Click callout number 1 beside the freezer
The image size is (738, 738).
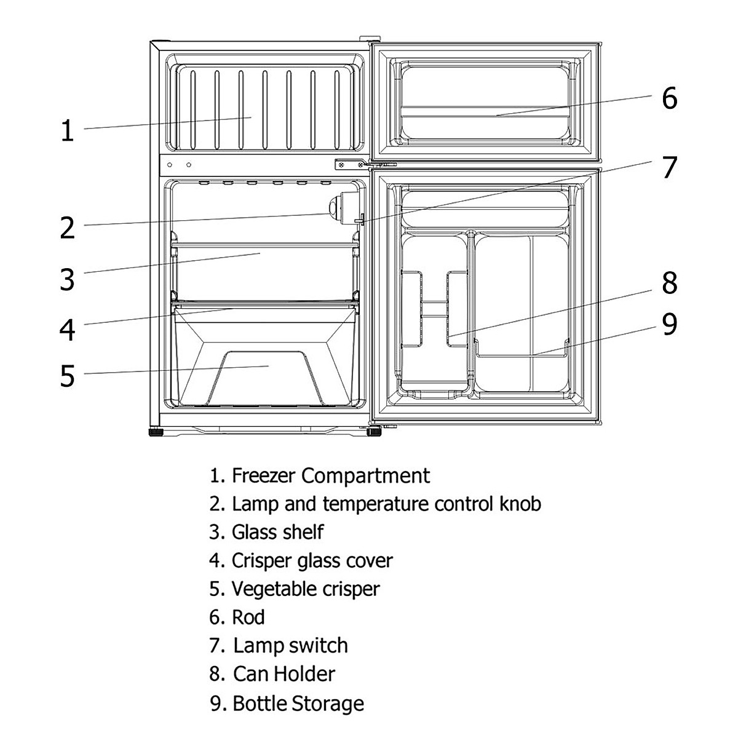68,130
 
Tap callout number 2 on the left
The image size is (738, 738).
68,228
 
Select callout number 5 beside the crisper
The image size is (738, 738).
68,376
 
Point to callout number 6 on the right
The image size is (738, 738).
670,98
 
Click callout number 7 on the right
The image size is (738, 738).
670,167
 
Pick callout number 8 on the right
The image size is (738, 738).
670,283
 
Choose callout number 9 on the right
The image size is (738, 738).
670,323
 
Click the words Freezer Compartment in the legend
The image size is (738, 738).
331,476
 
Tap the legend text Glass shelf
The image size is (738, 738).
277,532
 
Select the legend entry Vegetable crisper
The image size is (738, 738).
306,589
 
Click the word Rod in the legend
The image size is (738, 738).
248,617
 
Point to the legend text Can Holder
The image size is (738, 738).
284,674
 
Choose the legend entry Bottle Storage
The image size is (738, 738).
298,704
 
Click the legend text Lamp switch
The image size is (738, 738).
291,645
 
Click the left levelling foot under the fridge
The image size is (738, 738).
156,433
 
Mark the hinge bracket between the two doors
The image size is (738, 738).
350,165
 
